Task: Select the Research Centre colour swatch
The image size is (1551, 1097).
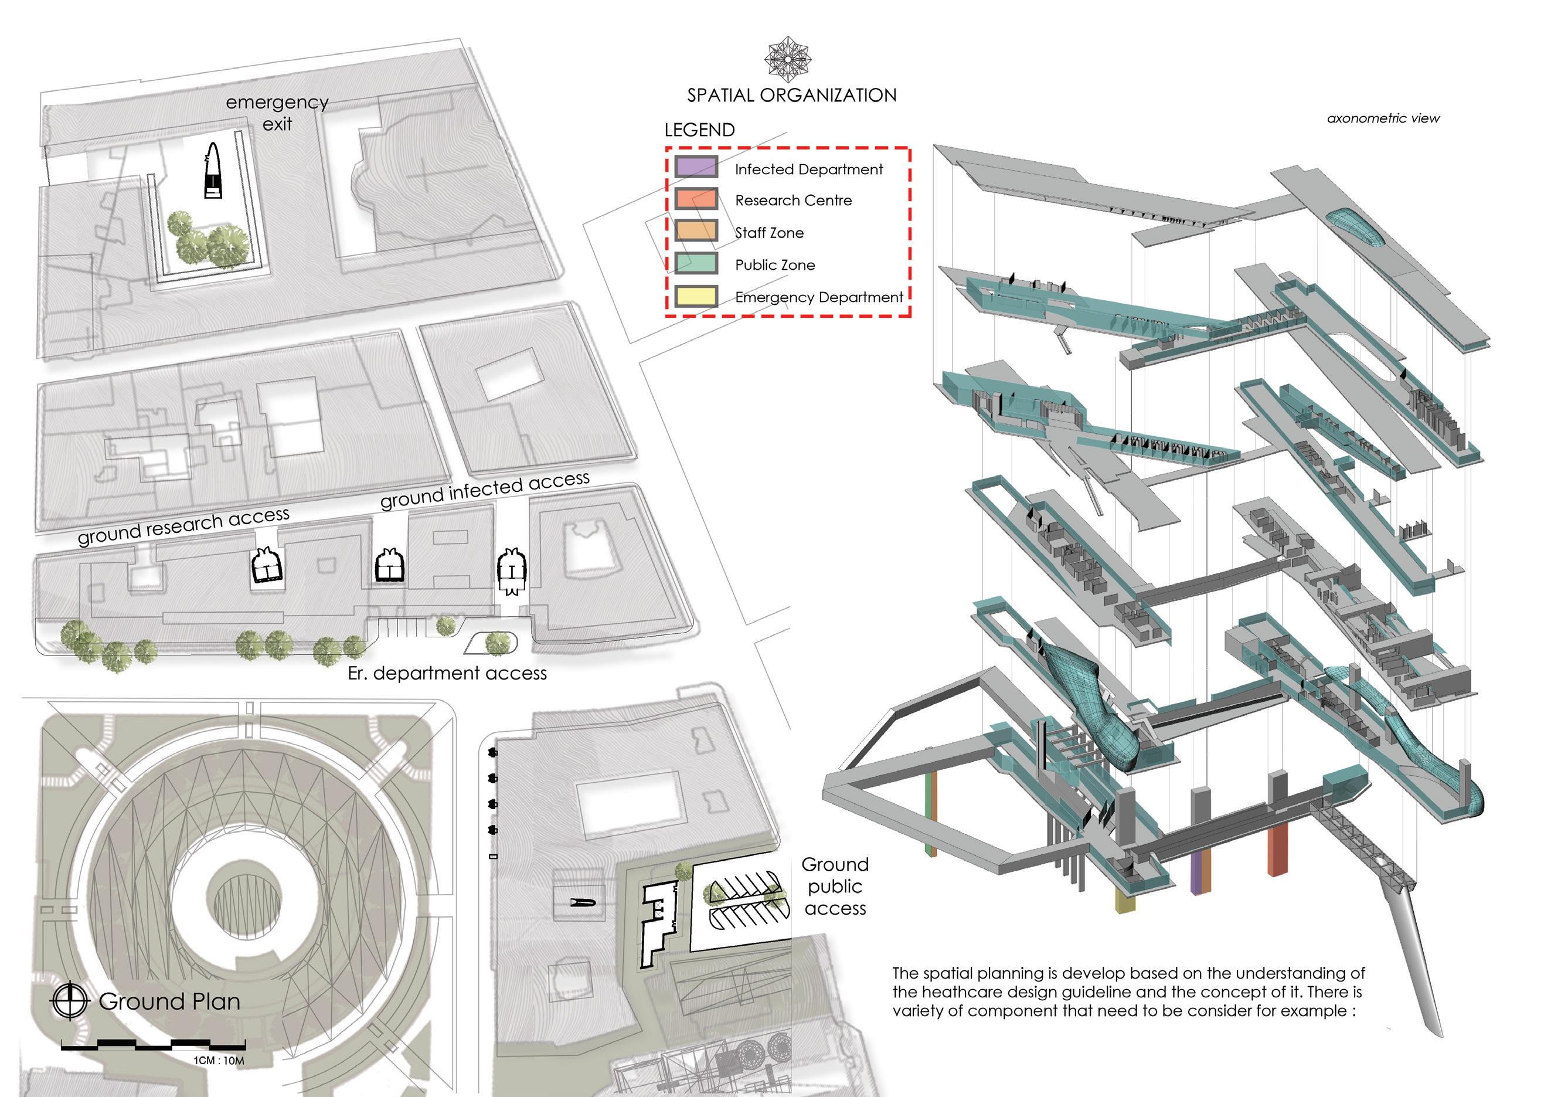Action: point(696,199)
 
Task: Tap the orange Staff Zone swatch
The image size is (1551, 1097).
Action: point(696,231)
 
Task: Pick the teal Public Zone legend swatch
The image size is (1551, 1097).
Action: point(696,263)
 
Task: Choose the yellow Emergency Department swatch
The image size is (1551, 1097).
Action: point(696,296)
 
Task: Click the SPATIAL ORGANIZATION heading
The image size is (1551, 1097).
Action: point(792,95)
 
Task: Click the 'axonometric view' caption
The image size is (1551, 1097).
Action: point(1383,119)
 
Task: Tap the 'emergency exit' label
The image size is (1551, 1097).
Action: point(277,113)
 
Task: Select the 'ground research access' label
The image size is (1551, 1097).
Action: point(183,525)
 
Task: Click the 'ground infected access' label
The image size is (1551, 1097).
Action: point(484,490)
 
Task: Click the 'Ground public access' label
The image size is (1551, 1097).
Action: point(835,887)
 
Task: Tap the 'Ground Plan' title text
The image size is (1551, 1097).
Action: point(169,1001)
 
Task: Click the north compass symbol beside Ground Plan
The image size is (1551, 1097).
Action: point(70,1000)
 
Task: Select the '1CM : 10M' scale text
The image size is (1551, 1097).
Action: point(219,1061)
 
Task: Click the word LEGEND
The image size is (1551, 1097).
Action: point(699,130)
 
